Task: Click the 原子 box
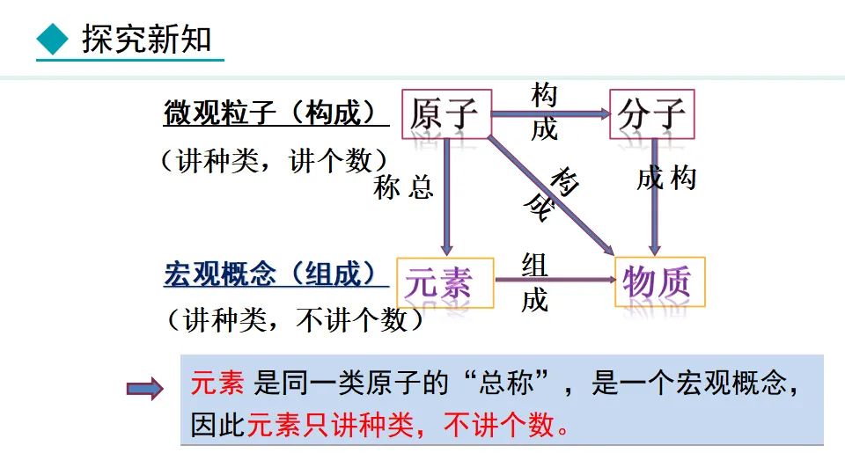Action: click(x=446, y=114)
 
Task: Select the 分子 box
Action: click(x=651, y=114)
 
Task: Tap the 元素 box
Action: click(x=445, y=282)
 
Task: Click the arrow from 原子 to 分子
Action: click(x=550, y=113)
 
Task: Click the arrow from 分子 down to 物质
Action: click(x=655, y=198)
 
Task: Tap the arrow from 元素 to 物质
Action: click(x=555, y=281)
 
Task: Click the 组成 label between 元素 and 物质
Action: click(x=534, y=281)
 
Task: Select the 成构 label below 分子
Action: click(x=666, y=179)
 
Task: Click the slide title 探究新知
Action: click(x=146, y=40)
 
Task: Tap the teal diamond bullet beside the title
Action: click(x=53, y=40)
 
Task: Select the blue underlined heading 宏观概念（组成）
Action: click(x=275, y=274)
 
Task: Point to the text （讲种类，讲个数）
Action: click(x=273, y=161)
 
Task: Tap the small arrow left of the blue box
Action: click(x=145, y=387)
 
